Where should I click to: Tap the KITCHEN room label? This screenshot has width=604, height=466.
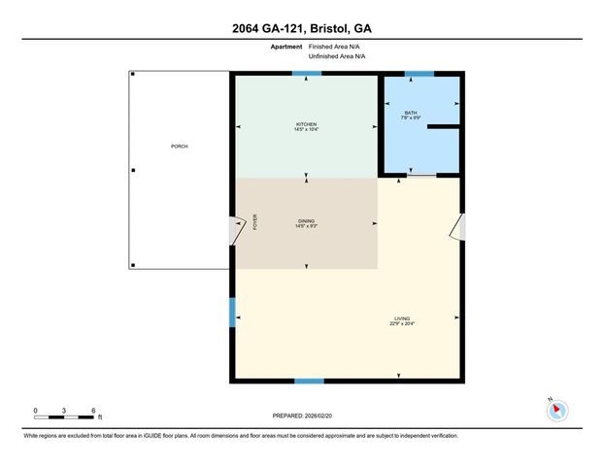[307, 123]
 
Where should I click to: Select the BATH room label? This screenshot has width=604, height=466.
[411, 113]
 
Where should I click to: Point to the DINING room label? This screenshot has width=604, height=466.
[306, 221]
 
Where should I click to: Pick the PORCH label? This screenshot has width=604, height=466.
[178, 147]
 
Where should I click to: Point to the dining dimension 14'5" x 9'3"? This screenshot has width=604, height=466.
[306, 227]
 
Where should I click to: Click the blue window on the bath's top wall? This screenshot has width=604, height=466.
[419, 74]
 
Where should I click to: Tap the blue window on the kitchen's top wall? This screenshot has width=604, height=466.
[307, 74]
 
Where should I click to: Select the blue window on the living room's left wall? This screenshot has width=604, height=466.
[232, 312]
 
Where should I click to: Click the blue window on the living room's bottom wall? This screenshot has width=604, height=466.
[309, 381]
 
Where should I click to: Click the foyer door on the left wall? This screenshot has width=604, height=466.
[234, 230]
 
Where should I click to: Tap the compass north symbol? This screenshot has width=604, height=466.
[556, 409]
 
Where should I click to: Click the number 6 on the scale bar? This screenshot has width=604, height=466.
[93, 411]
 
